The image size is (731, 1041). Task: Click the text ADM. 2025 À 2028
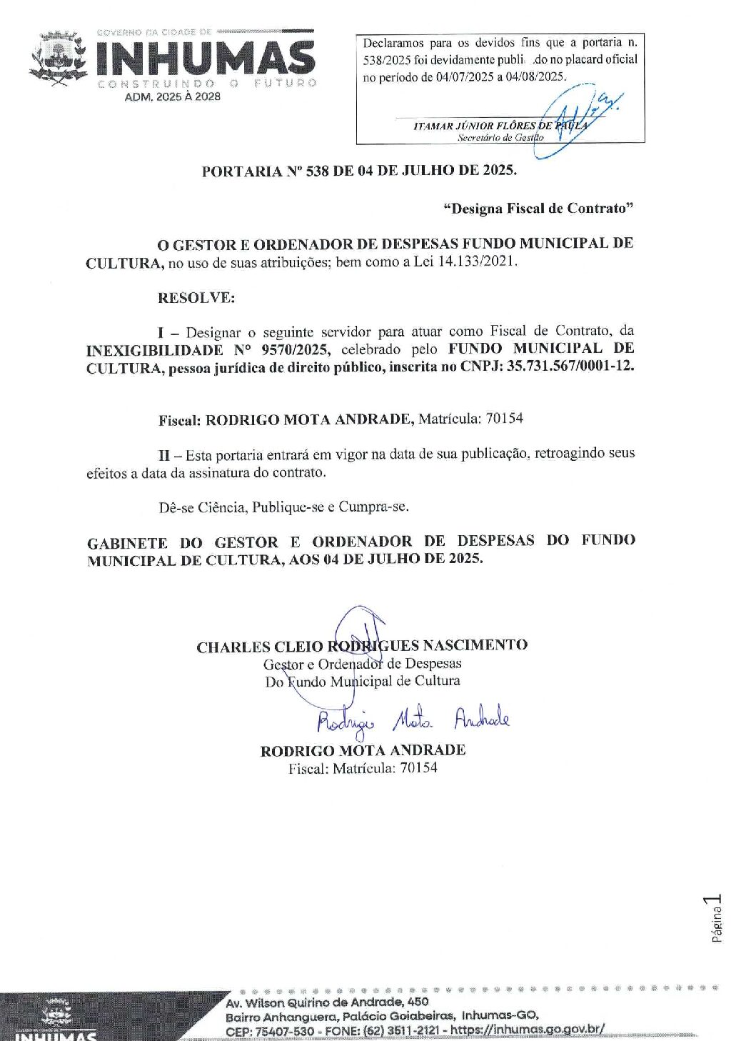(x=173, y=96)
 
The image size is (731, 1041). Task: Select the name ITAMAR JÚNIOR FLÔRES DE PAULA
(x=500, y=126)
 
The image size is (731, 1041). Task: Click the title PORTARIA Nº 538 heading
(x=359, y=171)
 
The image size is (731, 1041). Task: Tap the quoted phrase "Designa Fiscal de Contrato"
(x=538, y=209)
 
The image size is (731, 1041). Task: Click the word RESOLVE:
(x=196, y=298)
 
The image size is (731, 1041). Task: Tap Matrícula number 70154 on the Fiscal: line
(x=504, y=419)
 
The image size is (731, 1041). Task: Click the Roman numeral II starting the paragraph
(x=164, y=454)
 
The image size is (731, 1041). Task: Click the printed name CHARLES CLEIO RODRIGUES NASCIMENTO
(x=362, y=646)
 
